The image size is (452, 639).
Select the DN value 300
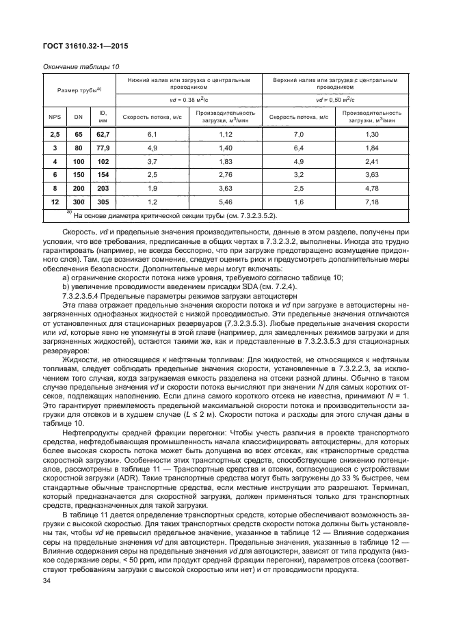click(x=78, y=203)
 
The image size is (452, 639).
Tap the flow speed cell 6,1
click(x=152, y=135)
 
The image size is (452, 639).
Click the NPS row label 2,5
click(x=53, y=135)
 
